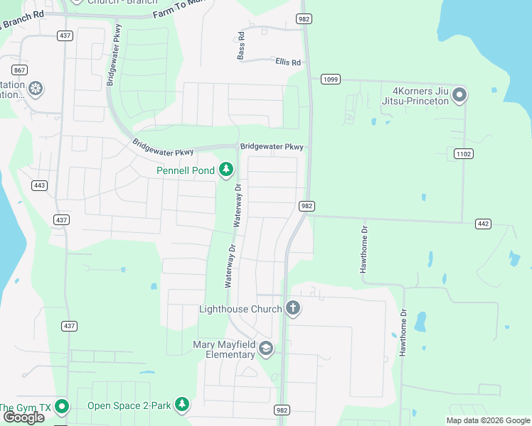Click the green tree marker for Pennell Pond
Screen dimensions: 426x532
[226, 169]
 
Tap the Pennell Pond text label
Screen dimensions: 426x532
[186, 170]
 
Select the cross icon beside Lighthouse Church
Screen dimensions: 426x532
[292, 308]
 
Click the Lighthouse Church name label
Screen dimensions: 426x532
[240, 309]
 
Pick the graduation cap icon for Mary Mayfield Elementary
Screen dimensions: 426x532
[266, 348]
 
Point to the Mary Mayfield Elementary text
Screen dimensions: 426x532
[224, 349]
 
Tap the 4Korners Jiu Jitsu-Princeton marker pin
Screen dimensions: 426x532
[459, 94]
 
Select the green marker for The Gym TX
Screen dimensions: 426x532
[62, 407]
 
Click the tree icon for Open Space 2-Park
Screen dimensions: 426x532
[183, 405]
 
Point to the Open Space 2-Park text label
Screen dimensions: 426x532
[129, 406]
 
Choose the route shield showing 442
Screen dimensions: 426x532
[483, 224]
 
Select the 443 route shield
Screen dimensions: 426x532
[39, 185]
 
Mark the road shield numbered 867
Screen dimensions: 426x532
[19, 70]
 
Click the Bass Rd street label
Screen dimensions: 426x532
[241, 45]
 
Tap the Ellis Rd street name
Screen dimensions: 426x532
[288, 62]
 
